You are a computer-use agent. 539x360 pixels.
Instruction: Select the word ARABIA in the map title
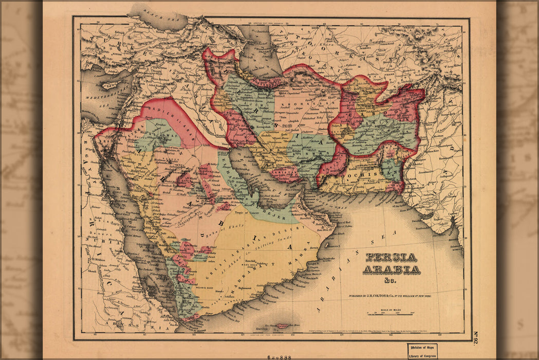pos(392,269)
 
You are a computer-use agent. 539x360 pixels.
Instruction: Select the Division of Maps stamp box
pos(422,351)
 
